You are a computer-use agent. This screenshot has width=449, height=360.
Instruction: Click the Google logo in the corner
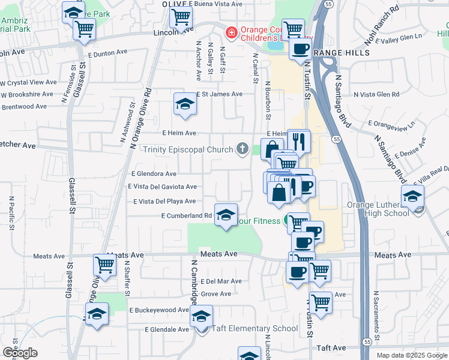(x=20, y=353)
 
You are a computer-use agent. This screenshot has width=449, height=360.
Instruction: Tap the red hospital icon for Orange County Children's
(x=229, y=31)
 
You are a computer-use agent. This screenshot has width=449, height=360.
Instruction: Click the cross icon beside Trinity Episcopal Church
(x=243, y=149)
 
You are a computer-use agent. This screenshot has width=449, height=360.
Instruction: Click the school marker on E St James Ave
(x=185, y=105)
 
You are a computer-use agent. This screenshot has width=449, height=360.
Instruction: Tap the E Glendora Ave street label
(x=154, y=173)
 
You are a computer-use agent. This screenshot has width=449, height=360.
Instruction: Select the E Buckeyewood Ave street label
(x=159, y=310)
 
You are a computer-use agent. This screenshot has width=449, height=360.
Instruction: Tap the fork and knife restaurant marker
(x=298, y=141)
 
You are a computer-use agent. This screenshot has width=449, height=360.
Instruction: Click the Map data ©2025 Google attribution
(x=411, y=355)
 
